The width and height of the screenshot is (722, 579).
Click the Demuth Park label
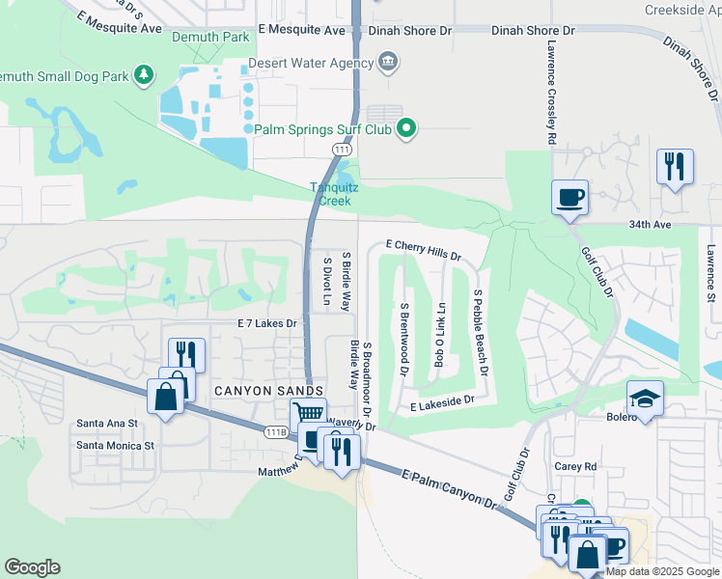210,38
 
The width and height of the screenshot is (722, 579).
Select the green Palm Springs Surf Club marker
406,128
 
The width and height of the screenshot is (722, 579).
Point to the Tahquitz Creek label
335,194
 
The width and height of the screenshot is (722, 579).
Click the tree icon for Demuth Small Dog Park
143,74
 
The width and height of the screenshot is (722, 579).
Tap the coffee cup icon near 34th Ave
569,197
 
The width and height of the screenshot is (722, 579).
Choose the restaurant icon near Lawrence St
675,166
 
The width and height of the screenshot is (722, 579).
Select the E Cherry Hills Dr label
423,250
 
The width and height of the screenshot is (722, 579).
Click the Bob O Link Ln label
441,335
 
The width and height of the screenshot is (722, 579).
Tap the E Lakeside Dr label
442,399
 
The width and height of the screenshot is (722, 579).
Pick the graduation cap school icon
644,398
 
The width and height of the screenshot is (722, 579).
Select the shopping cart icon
308,413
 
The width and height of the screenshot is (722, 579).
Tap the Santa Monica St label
115,445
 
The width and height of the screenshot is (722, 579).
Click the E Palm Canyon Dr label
450,489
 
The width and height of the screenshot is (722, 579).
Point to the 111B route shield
277,432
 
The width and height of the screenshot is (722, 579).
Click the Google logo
32,567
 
